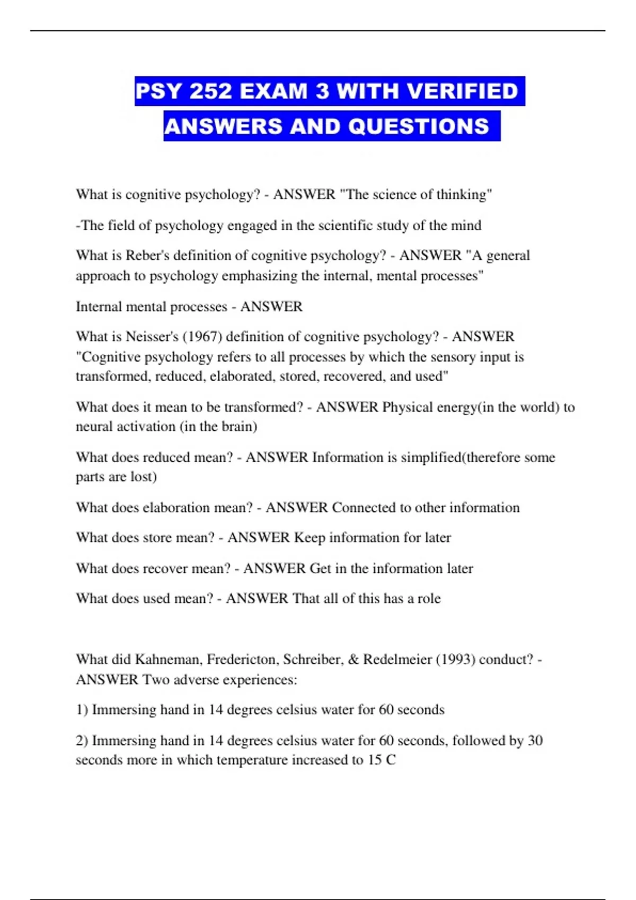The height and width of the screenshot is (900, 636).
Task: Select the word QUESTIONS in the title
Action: click(419, 127)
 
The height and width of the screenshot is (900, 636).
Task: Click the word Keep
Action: click(310, 538)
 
